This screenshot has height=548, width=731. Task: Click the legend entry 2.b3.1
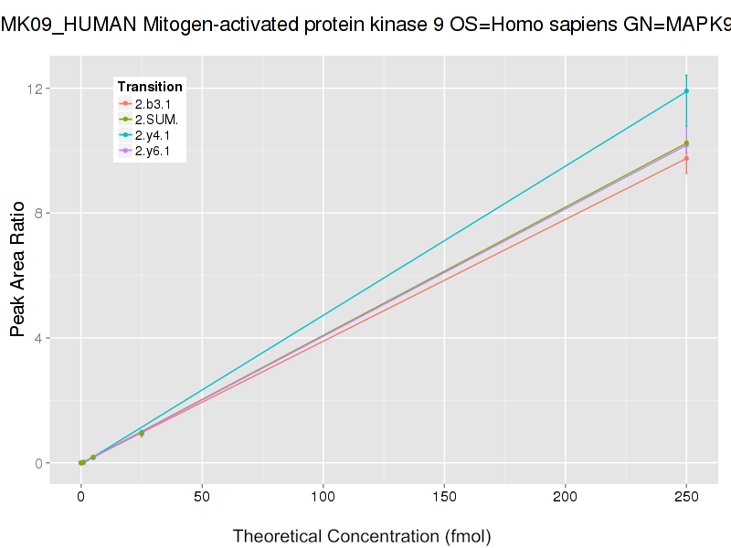(153, 104)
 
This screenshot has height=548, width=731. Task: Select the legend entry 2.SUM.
(156, 120)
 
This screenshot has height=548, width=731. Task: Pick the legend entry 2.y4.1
(153, 135)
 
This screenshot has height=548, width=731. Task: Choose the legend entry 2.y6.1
(153, 151)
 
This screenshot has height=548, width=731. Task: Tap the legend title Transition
(150, 87)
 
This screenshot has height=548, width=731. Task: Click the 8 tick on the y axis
(39, 214)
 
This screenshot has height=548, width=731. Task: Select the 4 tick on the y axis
(39, 339)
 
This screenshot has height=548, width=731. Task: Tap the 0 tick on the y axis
(39, 463)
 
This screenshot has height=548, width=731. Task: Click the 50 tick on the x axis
(202, 497)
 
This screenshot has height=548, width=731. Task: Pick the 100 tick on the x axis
(323, 497)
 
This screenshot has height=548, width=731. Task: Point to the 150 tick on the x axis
(444, 497)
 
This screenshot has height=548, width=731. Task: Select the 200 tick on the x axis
(565, 497)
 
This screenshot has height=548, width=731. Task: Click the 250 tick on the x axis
(686, 497)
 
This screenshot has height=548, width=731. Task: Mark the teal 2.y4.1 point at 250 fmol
(686, 91)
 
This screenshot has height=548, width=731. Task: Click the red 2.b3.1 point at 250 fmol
(686, 159)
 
